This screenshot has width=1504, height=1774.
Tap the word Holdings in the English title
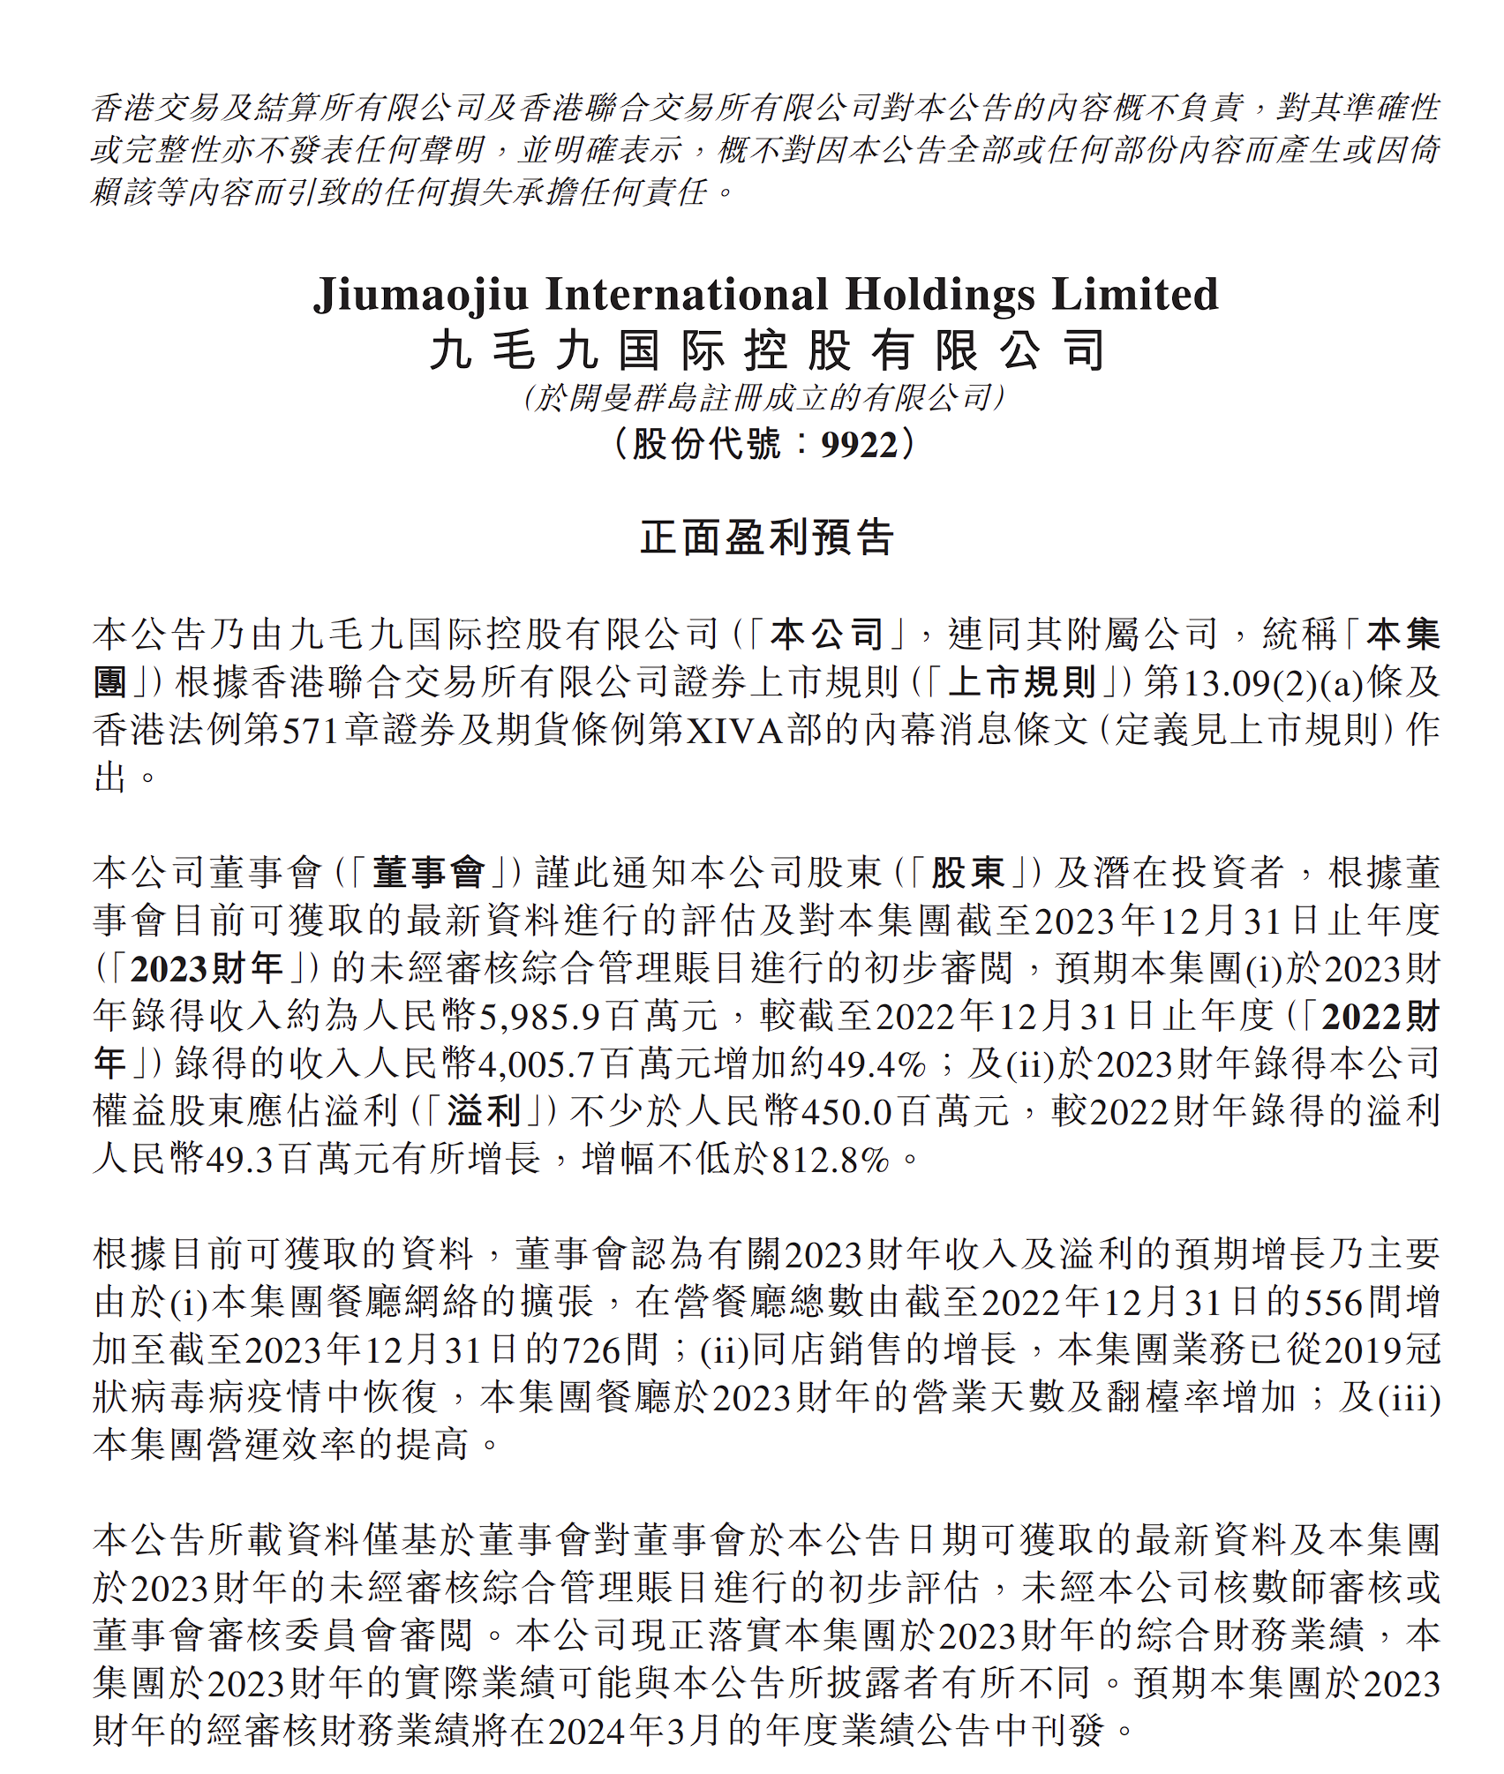(940, 294)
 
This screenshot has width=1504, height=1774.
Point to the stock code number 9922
(859, 444)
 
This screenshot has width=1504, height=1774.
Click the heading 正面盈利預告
(766, 537)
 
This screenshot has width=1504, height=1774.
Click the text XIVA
(734, 730)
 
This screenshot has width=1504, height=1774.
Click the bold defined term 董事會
(428, 873)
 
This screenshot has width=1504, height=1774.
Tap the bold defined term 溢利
(485, 1111)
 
